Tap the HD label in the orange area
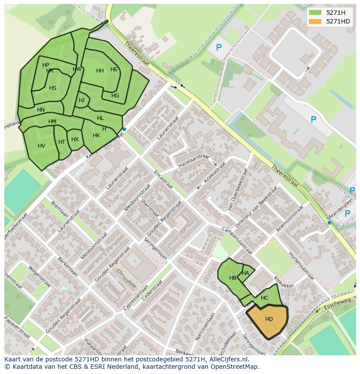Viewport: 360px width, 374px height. click(269, 319)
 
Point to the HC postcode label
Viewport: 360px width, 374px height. click(264, 298)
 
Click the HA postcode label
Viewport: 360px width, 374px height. click(245, 273)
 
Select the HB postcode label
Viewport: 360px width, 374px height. click(233, 278)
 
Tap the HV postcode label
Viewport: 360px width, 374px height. click(41, 146)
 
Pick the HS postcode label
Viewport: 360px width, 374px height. click(53, 88)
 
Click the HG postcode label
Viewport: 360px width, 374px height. click(115, 96)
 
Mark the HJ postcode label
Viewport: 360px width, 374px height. click(82, 100)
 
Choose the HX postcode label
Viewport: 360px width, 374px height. click(75, 139)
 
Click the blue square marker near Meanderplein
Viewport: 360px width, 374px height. click(329, 223)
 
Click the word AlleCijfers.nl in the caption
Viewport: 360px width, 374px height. click(228, 359)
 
